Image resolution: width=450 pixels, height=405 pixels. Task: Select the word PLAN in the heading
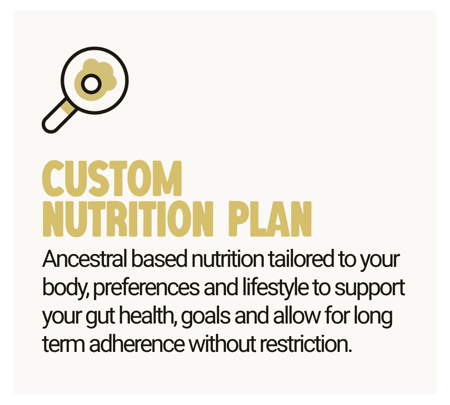coord(270,221)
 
